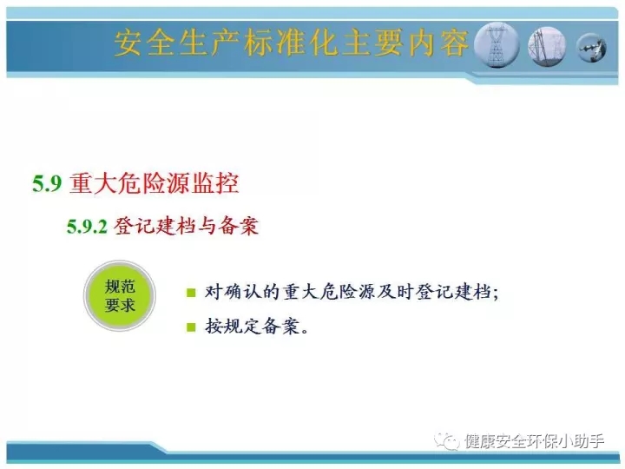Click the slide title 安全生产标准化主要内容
click(x=291, y=43)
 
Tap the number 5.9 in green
click(x=47, y=184)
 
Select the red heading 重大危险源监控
click(x=154, y=183)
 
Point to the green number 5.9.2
click(x=87, y=227)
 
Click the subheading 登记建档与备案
click(x=186, y=226)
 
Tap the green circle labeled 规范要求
click(x=120, y=295)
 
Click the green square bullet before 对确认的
click(x=191, y=293)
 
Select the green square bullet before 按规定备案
click(x=191, y=327)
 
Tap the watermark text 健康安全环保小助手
click(x=534, y=441)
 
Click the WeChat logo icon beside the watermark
click(x=447, y=441)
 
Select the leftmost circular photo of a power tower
click(x=497, y=44)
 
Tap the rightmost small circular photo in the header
click(x=591, y=48)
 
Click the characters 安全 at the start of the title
click(x=144, y=43)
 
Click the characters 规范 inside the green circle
click(x=120, y=287)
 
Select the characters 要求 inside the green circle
click(x=120, y=305)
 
